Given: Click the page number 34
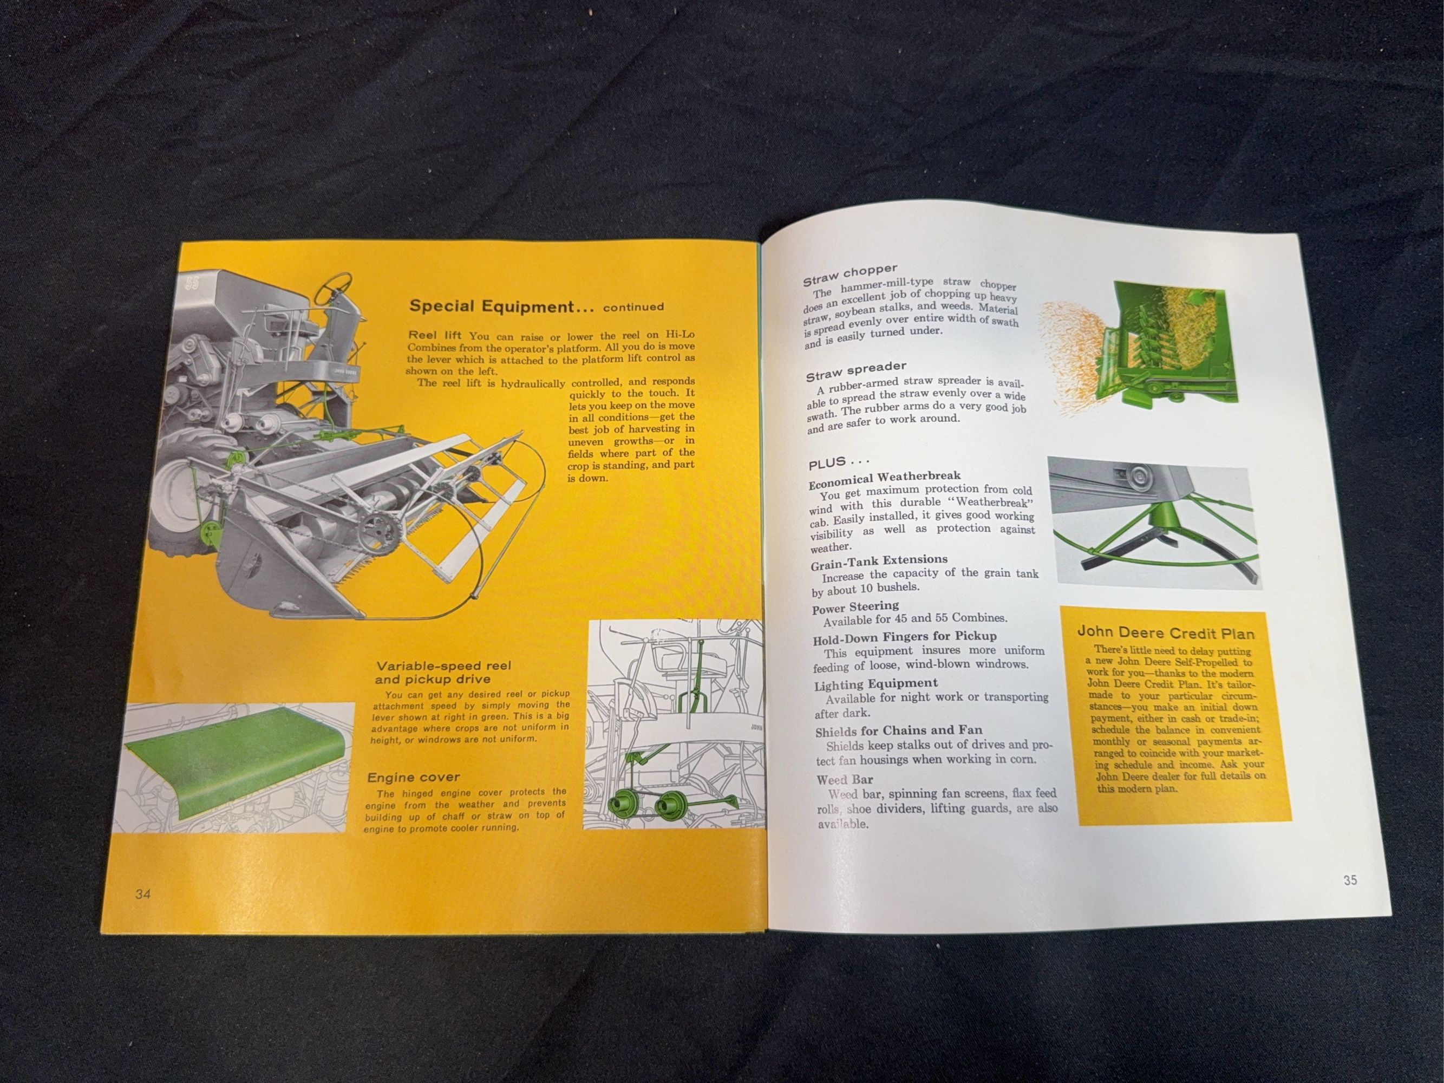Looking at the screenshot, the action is pyautogui.click(x=143, y=893).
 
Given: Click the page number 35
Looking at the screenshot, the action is pyautogui.click(x=1350, y=880).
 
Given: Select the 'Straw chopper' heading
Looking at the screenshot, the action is pyautogui.click(x=850, y=275).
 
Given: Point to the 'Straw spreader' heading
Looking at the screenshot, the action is pyautogui.click(x=856, y=371).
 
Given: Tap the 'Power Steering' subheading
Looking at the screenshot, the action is pyautogui.click(x=855, y=608).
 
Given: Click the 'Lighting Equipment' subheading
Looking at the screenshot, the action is pyautogui.click(x=875, y=684).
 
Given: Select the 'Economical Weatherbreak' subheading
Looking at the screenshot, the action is pyautogui.click(x=885, y=479).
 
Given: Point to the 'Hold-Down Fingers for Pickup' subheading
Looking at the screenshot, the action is pyautogui.click(x=905, y=637).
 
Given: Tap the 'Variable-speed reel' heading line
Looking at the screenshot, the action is pyautogui.click(x=443, y=666).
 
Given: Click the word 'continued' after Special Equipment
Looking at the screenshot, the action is pyautogui.click(x=633, y=307).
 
